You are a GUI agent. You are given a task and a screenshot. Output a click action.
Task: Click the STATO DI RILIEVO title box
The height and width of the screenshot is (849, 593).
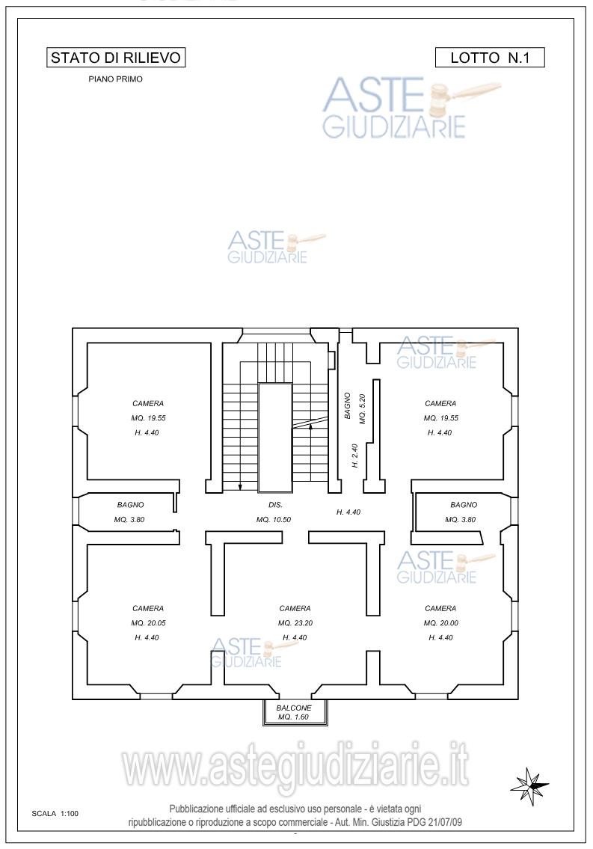pyautogui.click(x=116, y=58)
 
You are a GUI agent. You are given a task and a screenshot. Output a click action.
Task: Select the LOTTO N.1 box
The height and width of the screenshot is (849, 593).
pyautogui.click(x=490, y=58)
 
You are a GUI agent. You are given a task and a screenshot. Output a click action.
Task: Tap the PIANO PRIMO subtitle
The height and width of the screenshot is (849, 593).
pyautogui.click(x=116, y=79)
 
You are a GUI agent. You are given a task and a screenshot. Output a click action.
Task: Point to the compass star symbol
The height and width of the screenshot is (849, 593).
pyautogui.click(x=529, y=784)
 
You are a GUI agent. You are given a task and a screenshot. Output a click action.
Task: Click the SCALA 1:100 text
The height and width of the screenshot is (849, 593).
pyautogui.click(x=55, y=813)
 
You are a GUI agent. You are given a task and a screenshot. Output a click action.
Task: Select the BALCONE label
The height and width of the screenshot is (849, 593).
pyautogui.click(x=294, y=708)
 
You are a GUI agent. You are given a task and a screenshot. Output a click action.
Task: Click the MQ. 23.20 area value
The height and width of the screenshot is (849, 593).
pyautogui.click(x=295, y=623)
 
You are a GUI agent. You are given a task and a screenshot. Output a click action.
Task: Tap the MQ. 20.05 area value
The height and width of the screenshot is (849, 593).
pyautogui.click(x=148, y=623)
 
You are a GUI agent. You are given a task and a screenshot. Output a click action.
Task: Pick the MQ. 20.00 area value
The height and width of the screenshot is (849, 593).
pyautogui.click(x=441, y=623)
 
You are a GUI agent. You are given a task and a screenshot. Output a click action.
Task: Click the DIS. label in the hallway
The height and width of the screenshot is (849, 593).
pyautogui.click(x=275, y=505)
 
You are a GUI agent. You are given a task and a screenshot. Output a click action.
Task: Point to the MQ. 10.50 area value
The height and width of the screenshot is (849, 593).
pyautogui.click(x=274, y=520)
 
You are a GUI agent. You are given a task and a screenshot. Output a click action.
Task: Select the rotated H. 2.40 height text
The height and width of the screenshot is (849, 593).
pyautogui.click(x=355, y=456)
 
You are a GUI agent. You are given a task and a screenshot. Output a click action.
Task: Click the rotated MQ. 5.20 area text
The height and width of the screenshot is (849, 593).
pyautogui.click(x=363, y=409)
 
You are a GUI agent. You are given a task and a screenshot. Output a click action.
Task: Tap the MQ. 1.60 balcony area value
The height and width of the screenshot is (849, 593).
pyautogui.click(x=294, y=717)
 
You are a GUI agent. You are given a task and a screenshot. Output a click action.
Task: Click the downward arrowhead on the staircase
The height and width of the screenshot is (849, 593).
pyautogui.click(x=240, y=487)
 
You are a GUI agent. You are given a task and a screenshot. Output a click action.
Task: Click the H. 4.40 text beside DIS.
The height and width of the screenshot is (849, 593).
pyautogui.click(x=348, y=512)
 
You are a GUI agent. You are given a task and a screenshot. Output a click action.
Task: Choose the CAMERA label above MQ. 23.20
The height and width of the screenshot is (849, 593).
pyautogui.click(x=295, y=609)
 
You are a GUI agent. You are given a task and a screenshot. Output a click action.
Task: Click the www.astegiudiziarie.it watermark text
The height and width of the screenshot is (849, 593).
pyautogui.click(x=295, y=764)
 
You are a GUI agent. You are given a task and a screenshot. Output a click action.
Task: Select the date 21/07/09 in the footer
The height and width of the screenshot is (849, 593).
pyautogui.click(x=445, y=822)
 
